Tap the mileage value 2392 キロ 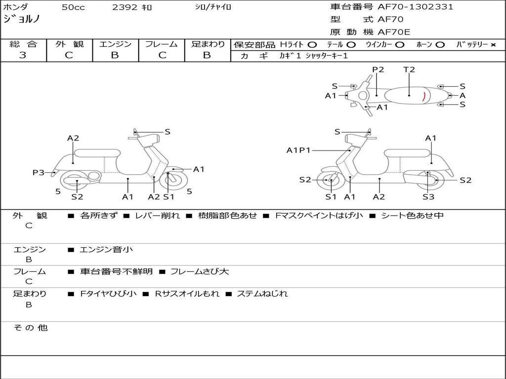pyautogui.click(x=132, y=7)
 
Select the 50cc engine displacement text pyautogui.click(x=73, y=7)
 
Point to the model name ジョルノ pyautogui.click(x=22, y=20)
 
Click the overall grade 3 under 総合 pyautogui.click(x=23, y=55)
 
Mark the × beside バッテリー pyautogui.click(x=493, y=44)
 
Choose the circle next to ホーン pyautogui.click(x=440, y=44)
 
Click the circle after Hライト pyautogui.click(x=312, y=44)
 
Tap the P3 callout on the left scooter pyautogui.click(x=39, y=172)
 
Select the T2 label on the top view pyautogui.click(x=409, y=70)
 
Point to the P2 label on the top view pyautogui.click(x=378, y=70)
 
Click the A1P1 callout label pyautogui.click(x=298, y=150)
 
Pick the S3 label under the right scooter pyautogui.click(x=428, y=197)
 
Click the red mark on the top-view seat pyautogui.click(x=424, y=96)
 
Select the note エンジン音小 pyautogui.click(x=106, y=250)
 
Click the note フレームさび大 pyautogui.click(x=199, y=271)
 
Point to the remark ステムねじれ pyautogui.click(x=262, y=294)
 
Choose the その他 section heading pyautogui.click(x=30, y=328)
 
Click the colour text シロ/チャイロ pyautogui.click(x=212, y=7)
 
